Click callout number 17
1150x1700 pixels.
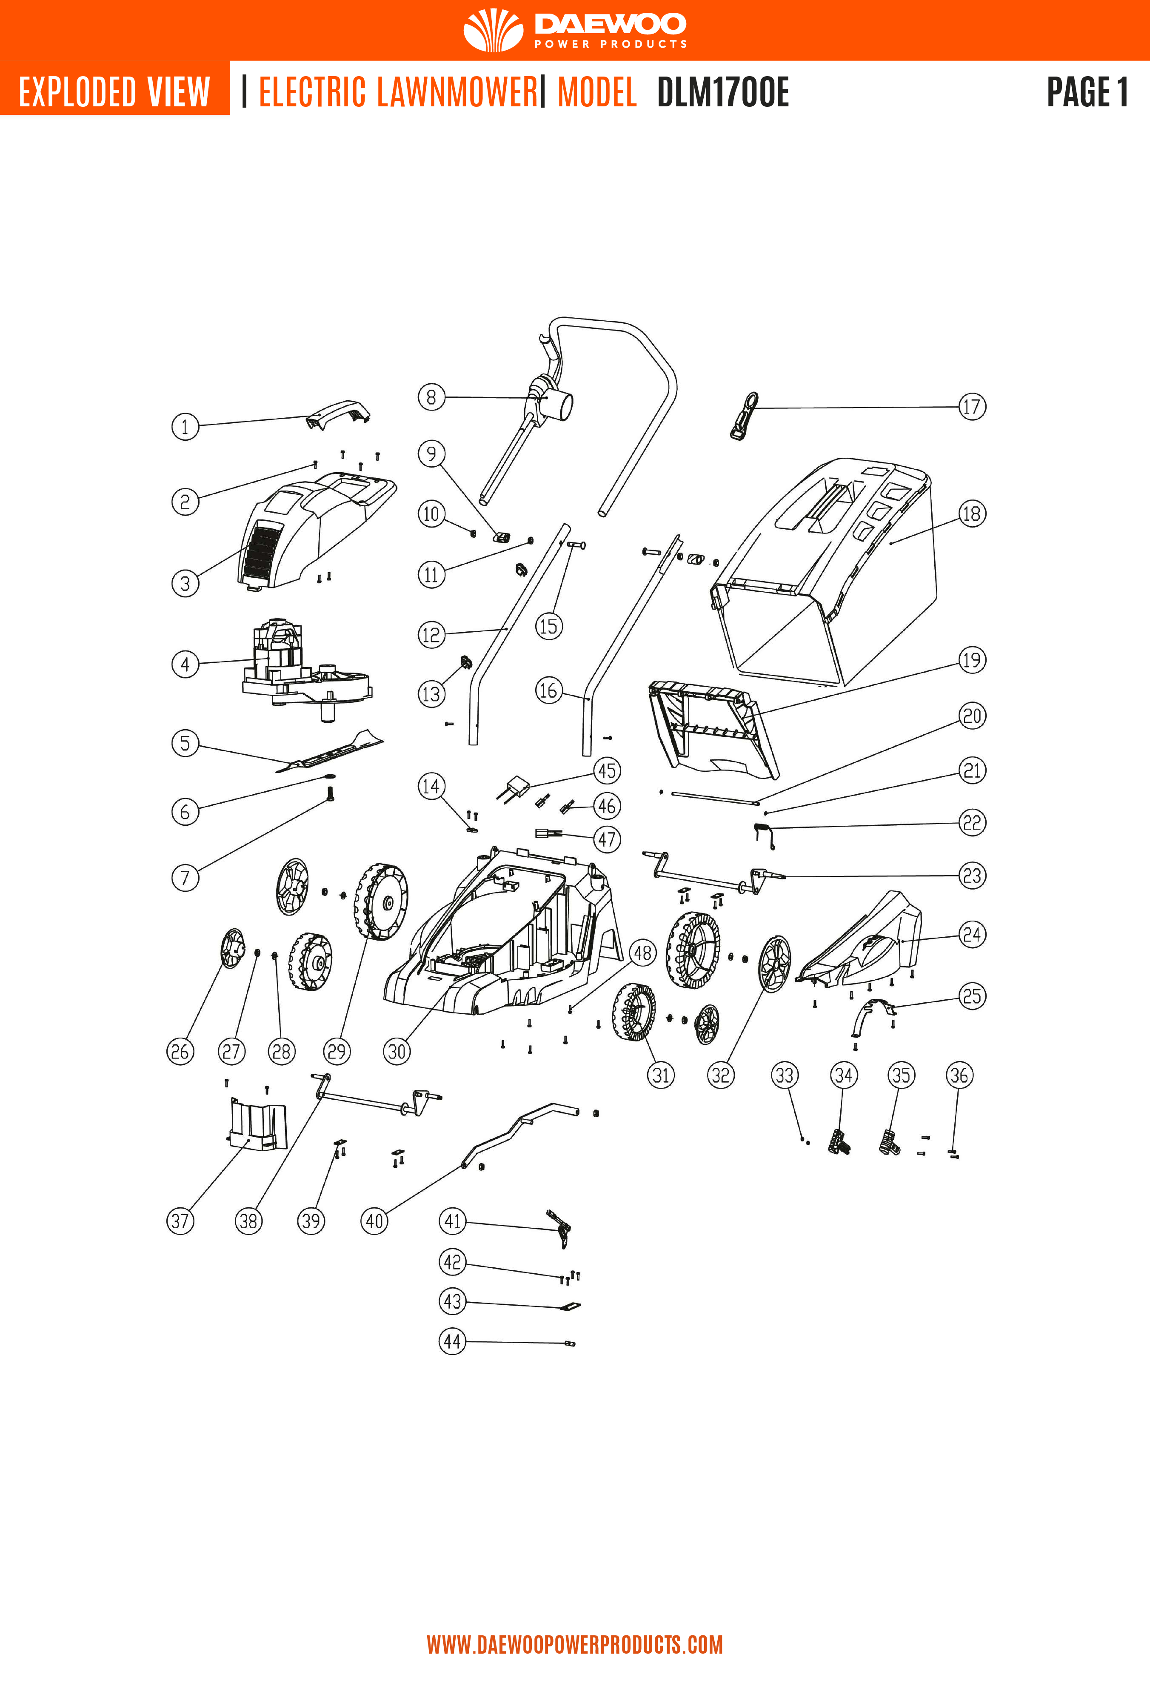tap(971, 407)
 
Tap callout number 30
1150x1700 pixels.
tap(397, 1052)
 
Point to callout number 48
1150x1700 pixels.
tap(642, 953)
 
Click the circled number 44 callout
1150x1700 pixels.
tap(452, 1341)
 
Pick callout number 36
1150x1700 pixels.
tap(959, 1075)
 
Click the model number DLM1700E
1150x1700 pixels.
tap(723, 93)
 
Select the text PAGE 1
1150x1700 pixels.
tap(1087, 92)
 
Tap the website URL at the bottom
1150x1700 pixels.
tap(574, 1645)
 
